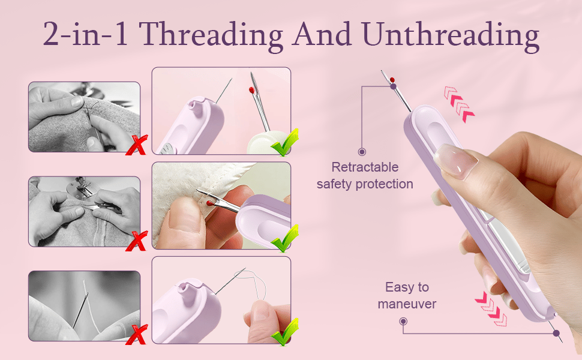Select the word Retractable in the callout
365,167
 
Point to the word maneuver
407,304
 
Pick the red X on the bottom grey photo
137,335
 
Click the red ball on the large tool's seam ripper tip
392,79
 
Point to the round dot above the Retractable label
362,152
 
